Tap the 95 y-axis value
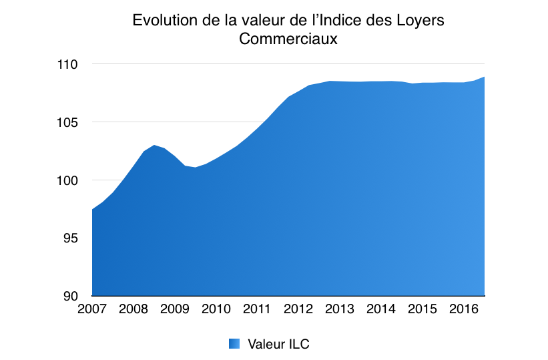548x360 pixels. pyautogui.click(x=71, y=238)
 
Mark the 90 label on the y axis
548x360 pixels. pyautogui.click(x=71, y=296)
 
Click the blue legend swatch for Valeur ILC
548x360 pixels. pyautogui.click(x=234, y=344)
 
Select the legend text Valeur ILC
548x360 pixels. pyautogui.click(x=278, y=344)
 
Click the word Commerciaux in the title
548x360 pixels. pyautogui.click(x=288, y=39)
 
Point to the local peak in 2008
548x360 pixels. pyautogui.click(x=154, y=145)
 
